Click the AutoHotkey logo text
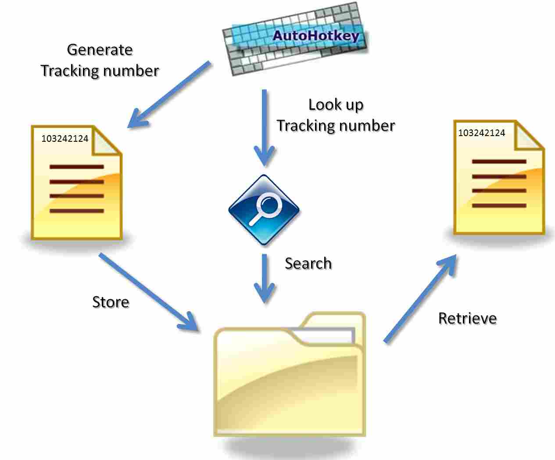315,36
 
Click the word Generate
100,50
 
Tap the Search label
308,263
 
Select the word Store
111,302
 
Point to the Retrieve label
467,318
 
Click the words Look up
336,104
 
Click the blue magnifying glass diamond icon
264,209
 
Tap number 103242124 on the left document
64,139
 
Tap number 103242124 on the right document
481,133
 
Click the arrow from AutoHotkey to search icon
264,127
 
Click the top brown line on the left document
77,167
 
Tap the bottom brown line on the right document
499,205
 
